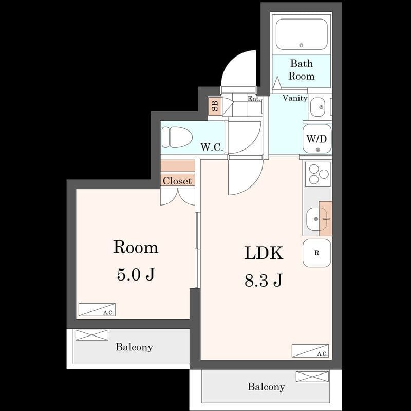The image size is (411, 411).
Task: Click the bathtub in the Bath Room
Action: tap(302, 34)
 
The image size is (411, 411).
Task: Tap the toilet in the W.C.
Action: tap(177, 137)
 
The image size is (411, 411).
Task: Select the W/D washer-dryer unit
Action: tap(317, 139)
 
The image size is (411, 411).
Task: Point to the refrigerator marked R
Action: tap(317, 253)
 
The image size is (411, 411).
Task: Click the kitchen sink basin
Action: tap(316, 219)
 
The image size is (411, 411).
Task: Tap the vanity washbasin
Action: tap(317, 107)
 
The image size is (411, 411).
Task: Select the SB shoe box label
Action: tap(215, 106)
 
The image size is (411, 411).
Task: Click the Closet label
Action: tap(177, 181)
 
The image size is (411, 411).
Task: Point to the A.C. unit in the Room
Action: tap(97, 310)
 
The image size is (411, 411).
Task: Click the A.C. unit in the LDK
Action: tap(310, 351)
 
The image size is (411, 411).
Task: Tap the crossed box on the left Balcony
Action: tap(92, 335)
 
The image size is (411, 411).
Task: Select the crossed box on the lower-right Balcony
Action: tap(312, 377)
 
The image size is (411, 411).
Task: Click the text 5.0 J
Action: tap(136, 274)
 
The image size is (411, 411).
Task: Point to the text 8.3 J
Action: tap(264, 280)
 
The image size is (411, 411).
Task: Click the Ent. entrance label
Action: tap(254, 99)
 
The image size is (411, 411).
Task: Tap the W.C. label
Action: tap(212, 147)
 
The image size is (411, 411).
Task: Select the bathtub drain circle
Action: tap(301, 45)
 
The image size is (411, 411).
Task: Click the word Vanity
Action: tap(295, 98)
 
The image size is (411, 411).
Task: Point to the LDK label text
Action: tap(264, 253)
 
